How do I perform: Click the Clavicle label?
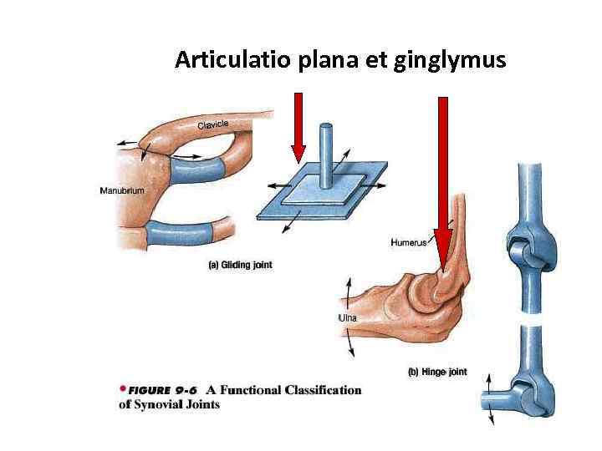click(x=212, y=125)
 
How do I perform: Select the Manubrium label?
click(x=122, y=190)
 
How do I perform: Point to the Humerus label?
click(x=409, y=243)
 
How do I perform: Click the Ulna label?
click(x=347, y=317)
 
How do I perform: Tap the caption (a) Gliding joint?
click(x=239, y=265)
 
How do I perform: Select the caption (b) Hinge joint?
click(x=437, y=372)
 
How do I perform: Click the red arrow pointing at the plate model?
click(x=298, y=126)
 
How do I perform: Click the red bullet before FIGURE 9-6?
click(x=122, y=389)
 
